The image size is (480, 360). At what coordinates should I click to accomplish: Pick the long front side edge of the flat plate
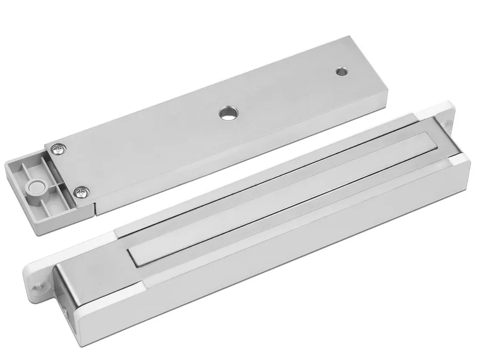coord(240,157)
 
